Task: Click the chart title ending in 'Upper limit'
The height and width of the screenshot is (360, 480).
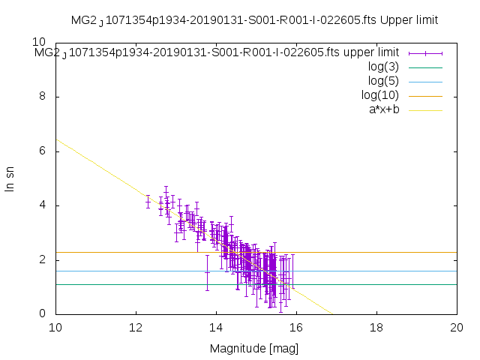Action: point(254,20)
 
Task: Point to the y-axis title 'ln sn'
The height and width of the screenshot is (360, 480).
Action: point(10,178)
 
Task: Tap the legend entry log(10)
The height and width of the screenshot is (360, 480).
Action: point(379,95)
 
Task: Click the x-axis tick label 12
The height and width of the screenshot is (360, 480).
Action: point(136,328)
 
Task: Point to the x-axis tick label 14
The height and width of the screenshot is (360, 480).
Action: point(216,328)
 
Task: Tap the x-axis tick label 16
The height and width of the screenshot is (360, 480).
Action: point(296,328)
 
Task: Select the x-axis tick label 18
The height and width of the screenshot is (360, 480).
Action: point(376,328)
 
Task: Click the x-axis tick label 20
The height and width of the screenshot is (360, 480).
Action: point(457,328)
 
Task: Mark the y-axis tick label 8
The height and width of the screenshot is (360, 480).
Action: point(43,97)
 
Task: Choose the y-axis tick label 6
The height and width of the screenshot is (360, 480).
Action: point(43,151)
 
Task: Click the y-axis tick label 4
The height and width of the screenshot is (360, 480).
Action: point(43,205)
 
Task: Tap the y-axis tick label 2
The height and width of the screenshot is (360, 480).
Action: point(43,259)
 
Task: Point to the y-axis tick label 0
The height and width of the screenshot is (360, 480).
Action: point(43,313)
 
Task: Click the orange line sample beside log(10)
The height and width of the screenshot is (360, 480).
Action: point(424,95)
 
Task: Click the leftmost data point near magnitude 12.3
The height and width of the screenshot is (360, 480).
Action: point(148,202)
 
